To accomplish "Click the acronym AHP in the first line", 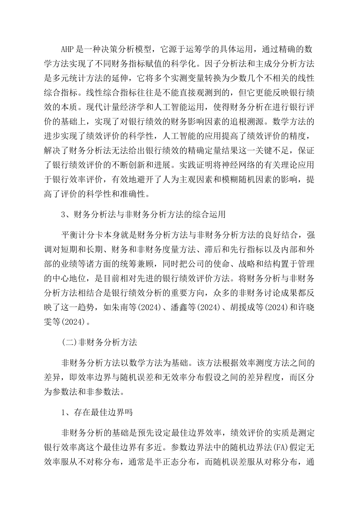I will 68,49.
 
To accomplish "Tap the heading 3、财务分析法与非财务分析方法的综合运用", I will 144,214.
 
